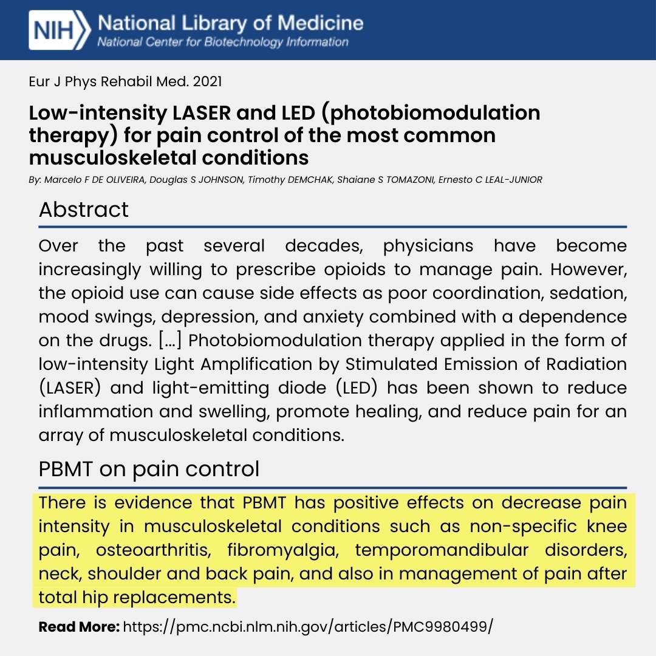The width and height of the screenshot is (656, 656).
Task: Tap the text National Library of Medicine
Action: point(230,24)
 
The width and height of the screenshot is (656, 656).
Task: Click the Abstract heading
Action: point(84,210)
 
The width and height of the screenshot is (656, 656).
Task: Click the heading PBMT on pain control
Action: point(149,469)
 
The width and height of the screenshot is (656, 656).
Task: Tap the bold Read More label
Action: point(79,626)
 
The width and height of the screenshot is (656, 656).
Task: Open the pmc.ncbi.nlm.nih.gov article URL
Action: point(307,626)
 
